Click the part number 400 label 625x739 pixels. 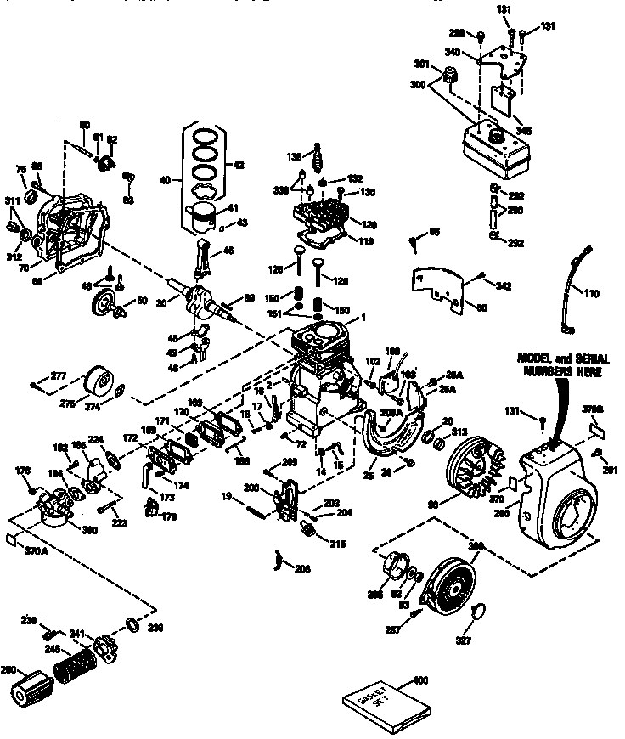click(x=418, y=680)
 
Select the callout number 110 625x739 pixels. click(x=592, y=293)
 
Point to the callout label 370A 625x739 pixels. click(x=38, y=550)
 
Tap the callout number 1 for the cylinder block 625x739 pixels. click(x=362, y=317)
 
